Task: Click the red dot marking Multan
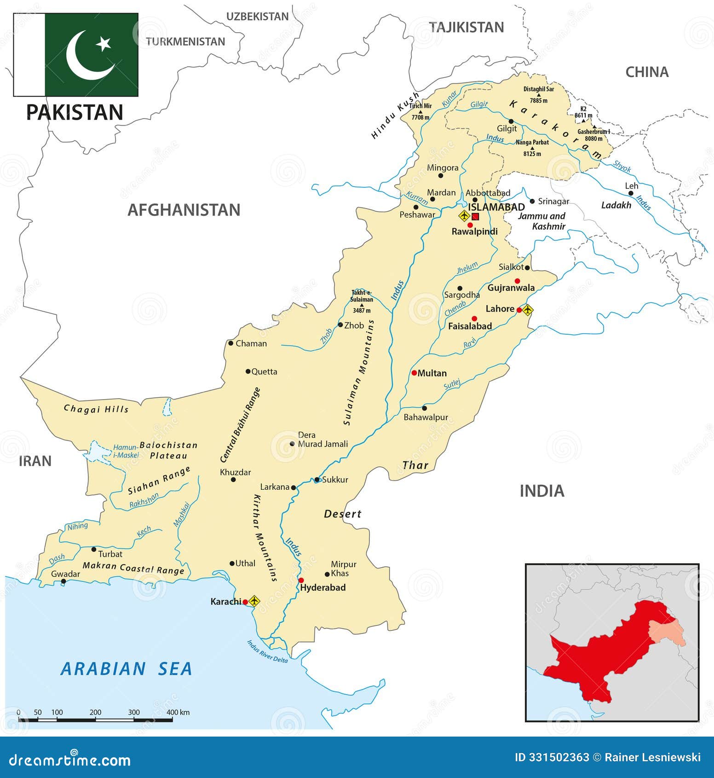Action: [x=414, y=373]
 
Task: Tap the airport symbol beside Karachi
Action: [x=254, y=601]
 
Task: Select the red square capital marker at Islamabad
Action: [x=475, y=216]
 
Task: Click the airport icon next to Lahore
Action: [x=527, y=309]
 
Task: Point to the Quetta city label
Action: [x=264, y=372]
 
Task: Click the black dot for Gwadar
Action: [x=63, y=581]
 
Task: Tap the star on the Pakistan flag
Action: [x=104, y=44]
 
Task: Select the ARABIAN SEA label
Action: [x=126, y=669]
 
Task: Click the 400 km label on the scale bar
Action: [x=178, y=712]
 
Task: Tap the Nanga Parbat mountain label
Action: [x=532, y=143]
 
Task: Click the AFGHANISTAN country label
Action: [x=184, y=210]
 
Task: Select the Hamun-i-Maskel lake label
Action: [x=126, y=451]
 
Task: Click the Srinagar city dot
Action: [x=532, y=201]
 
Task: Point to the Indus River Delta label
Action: [x=267, y=651]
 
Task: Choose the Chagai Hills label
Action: [x=96, y=409]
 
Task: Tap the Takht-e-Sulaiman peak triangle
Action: [x=362, y=305]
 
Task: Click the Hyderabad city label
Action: [x=322, y=587]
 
